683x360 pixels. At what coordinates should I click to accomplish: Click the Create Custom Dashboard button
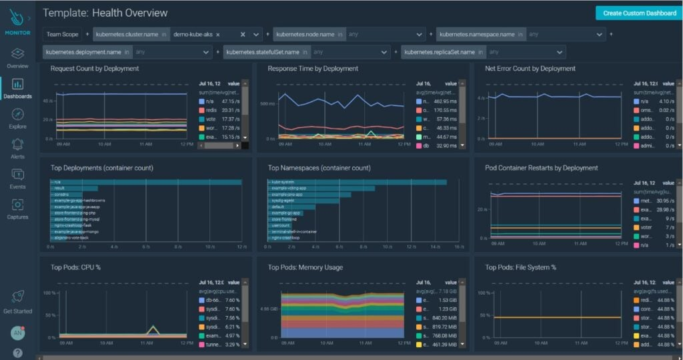tap(639, 13)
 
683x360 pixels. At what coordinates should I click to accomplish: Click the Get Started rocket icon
tap(17, 298)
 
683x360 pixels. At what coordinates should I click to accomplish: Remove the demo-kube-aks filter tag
tap(218, 34)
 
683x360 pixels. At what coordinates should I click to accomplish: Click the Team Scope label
tap(63, 34)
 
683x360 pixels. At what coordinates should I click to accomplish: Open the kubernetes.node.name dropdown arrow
tap(419, 34)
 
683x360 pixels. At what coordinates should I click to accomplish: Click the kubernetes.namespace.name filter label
tap(477, 34)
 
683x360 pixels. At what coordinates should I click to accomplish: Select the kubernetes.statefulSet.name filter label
tap(263, 52)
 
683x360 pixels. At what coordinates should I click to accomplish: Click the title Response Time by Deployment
tap(313, 69)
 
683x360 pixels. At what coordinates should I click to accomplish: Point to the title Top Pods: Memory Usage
tap(305, 267)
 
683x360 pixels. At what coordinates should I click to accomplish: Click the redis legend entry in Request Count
tap(213, 110)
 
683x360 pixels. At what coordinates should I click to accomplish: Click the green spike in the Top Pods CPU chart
tap(154, 327)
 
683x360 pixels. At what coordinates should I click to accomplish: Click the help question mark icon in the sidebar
tap(17, 353)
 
